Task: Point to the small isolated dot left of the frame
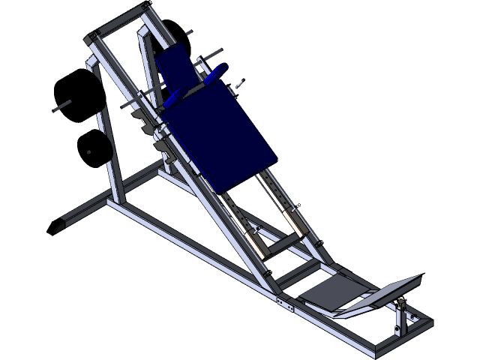(89, 153)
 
